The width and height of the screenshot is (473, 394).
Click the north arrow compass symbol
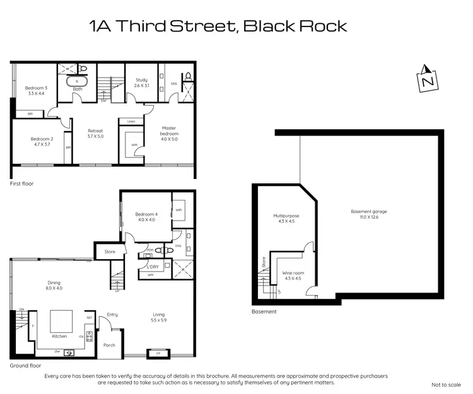click(x=427, y=79)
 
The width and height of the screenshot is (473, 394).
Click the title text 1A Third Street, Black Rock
click(x=218, y=26)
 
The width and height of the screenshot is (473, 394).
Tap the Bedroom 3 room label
click(x=36, y=91)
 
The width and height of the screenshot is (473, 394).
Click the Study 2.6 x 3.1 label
click(x=141, y=83)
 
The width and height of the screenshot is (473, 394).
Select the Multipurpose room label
click(x=286, y=219)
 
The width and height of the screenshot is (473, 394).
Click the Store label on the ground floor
click(x=110, y=252)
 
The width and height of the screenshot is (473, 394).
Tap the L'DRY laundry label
click(x=152, y=267)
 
